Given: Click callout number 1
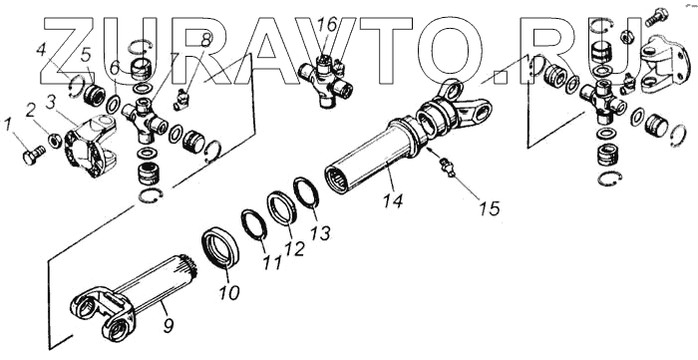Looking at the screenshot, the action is (8, 126).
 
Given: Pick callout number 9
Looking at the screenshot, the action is (169, 326).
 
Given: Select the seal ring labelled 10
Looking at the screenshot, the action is (220, 246).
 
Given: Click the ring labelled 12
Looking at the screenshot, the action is (282, 207).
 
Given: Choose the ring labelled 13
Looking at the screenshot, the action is (306, 192).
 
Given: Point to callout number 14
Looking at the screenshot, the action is (393, 199).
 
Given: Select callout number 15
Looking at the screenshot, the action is (490, 208).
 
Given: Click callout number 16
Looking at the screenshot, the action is (328, 25).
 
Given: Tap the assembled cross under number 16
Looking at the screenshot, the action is (326, 80).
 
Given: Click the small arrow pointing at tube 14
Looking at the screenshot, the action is (430, 151).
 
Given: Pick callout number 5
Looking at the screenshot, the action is (86, 55).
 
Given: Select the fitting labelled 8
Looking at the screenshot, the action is (180, 100).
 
